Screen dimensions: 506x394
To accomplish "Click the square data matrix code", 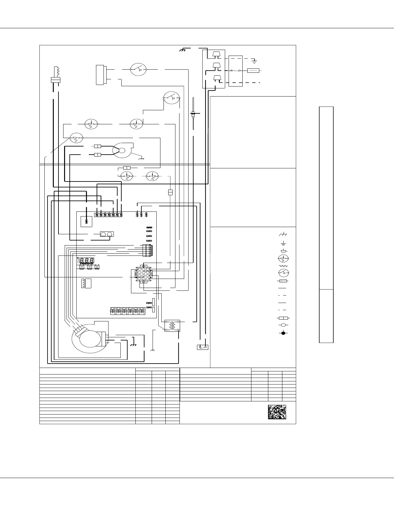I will (x=277, y=412).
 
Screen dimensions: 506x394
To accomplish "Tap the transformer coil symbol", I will (x=172, y=326).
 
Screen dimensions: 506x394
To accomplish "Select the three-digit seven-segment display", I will (x=87, y=260).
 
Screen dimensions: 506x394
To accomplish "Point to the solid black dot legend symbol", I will (x=283, y=333).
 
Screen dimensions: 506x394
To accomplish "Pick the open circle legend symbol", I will (x=283, y=325).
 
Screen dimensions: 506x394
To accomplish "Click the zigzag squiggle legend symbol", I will (x=283, y=266).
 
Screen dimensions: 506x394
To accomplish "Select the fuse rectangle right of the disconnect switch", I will (x=253, y=71).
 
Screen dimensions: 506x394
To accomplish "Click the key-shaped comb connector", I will (x=56, y=75).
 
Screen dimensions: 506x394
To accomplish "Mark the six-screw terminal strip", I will (x=128, y=310).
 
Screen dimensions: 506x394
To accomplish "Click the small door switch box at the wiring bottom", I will (x=203, y=347).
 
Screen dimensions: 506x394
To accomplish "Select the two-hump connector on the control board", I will (x=106, y=234).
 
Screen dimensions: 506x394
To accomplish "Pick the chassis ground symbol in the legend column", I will (x=283, y=234).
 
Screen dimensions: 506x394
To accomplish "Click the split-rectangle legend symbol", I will (x=283, y=318).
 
